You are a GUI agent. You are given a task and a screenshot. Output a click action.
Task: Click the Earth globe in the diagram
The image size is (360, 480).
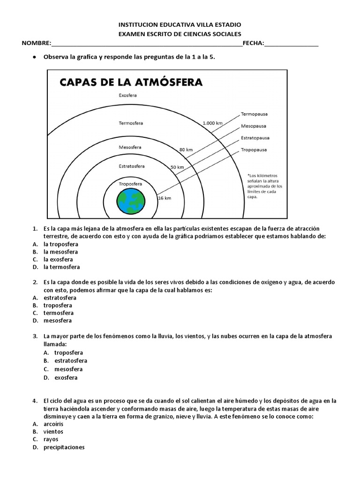[x=132, y=201]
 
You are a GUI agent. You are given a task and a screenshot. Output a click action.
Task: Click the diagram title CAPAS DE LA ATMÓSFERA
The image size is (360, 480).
[x=130, y=82]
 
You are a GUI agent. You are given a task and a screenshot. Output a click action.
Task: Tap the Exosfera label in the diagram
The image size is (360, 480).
[x=127, y=95]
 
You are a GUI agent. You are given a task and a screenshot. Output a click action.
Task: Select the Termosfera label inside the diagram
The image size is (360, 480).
[x=131, y=123]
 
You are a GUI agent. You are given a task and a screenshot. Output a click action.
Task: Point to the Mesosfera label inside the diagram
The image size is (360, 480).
[x=130, y=147]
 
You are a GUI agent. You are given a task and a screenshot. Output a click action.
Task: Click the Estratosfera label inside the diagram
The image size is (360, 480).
[x=131, y=166]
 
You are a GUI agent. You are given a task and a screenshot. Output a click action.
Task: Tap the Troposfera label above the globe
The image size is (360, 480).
[x=131, y=184]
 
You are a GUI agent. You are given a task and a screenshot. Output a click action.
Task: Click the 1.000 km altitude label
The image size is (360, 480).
[x=212, y=123]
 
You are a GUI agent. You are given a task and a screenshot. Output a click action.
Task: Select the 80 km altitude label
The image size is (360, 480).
[x=186, y=150]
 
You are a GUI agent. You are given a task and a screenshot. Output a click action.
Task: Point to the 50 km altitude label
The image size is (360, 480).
[x=177, y=167]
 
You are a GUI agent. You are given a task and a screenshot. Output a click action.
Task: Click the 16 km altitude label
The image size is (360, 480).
[x=164, y=198]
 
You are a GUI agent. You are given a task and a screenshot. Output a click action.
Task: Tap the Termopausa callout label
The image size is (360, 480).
[x=254, y=114]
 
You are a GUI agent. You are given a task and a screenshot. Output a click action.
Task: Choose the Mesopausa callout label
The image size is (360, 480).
[x=254, y=126]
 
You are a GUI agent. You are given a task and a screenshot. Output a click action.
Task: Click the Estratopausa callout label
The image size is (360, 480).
[x=255, y=138]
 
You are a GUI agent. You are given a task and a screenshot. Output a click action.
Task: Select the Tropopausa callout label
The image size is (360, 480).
[x=254, y=150]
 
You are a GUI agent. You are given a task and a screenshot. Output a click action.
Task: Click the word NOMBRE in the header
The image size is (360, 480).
[x=36, y=44]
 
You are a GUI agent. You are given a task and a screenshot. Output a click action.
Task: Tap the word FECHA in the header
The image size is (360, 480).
[x=253, y=44]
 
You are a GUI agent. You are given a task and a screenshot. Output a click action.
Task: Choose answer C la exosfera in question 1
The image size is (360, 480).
[x=58, y=259]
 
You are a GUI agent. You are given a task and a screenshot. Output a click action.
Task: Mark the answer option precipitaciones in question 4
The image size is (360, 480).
[x=64, y=447]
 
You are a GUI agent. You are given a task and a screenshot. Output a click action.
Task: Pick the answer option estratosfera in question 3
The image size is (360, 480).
[x=71, y=360]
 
